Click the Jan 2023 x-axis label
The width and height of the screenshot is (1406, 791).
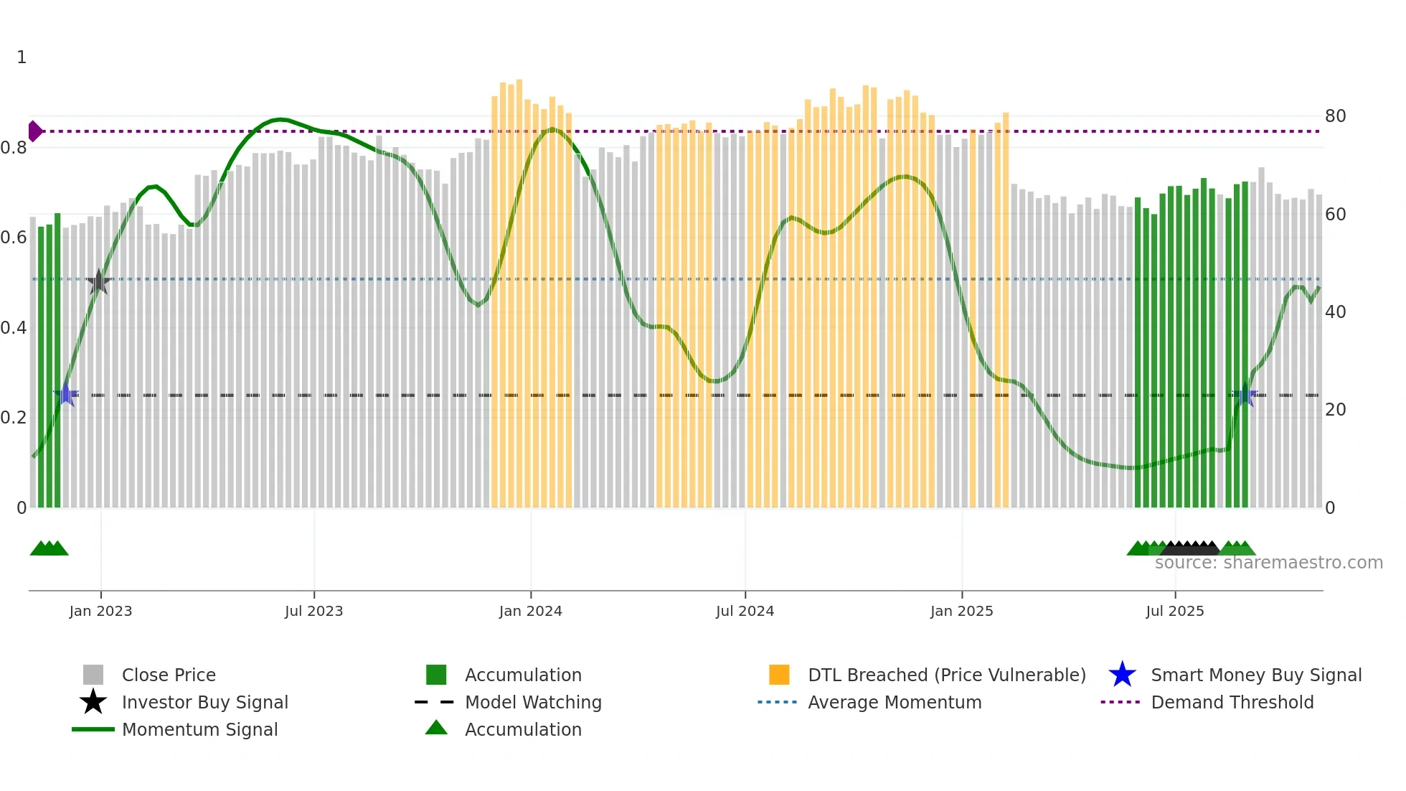tap(100, 611)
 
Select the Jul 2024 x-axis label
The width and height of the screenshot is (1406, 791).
tap(745, 611)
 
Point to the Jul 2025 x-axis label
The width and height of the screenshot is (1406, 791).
tap(1174, 611)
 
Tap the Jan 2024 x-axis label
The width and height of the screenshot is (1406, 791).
tap(530, 611)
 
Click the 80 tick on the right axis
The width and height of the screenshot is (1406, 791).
tap(1335, 116)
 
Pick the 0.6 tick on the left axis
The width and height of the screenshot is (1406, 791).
tap(14, 238)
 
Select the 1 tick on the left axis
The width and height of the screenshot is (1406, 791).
tap(22, 57)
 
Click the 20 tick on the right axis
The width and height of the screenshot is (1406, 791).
tap(1335, 410)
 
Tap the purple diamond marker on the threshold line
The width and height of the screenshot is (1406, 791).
tap(34, 131)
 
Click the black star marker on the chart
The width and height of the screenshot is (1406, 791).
tap(98, 282)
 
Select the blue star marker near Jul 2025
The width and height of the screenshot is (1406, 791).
tap(1245, 395)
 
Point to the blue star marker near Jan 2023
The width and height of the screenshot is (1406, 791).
tap(66, 395)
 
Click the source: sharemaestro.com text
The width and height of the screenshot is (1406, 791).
tap(1268, 563)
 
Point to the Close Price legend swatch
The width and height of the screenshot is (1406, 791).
tap(93, 675)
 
